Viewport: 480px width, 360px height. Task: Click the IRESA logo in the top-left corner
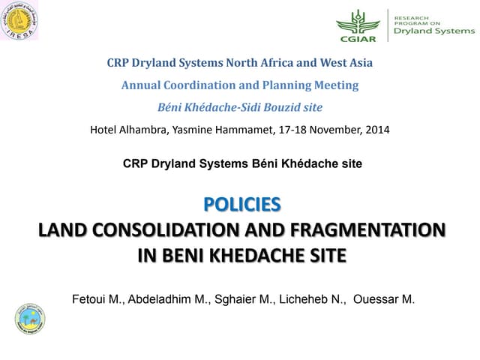click(x=20, y=21)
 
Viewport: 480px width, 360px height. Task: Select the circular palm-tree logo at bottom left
click(x=30, y=318)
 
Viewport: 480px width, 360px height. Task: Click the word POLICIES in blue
click(x=241, y=204)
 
